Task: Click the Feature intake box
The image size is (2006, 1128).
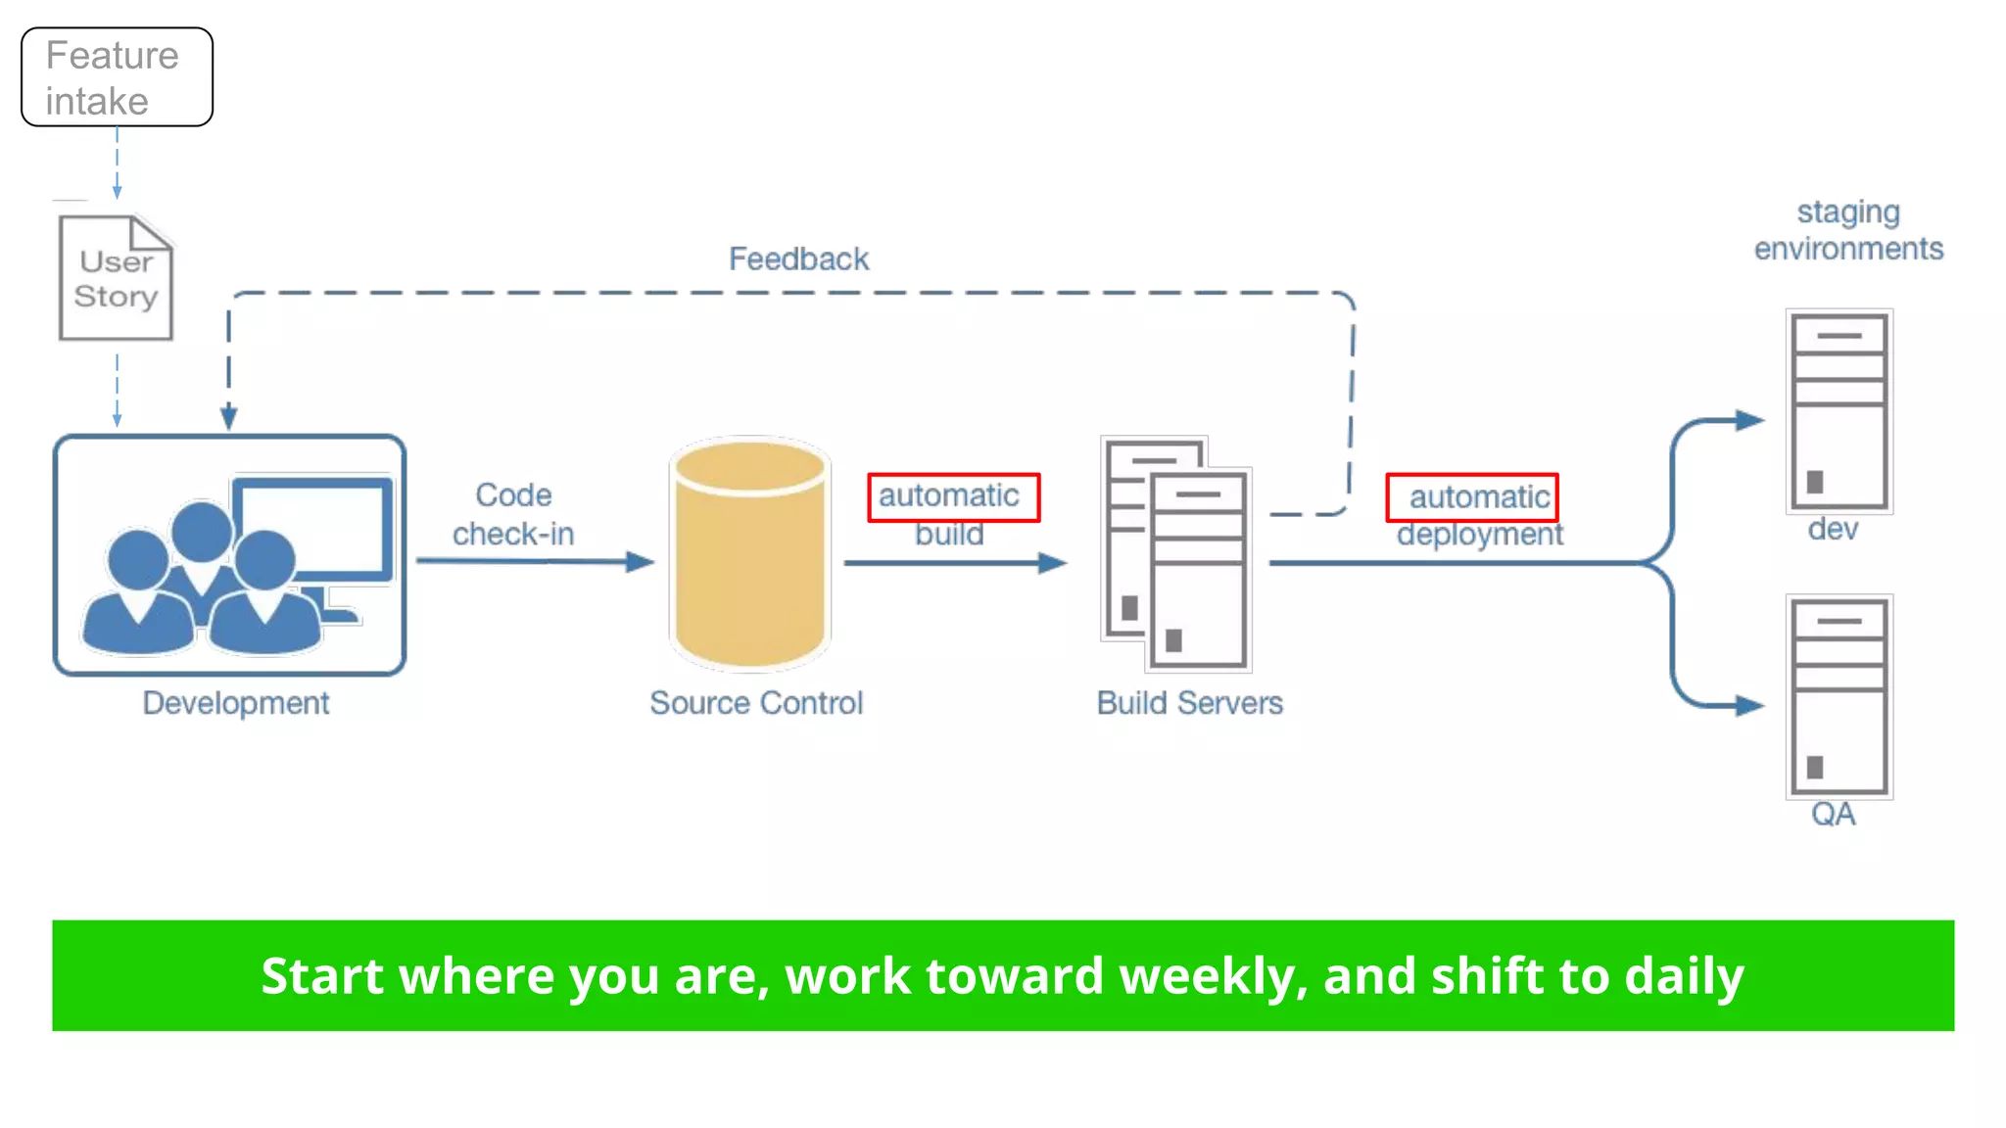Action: coord(117,77)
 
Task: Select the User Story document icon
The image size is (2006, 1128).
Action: coord(116,279)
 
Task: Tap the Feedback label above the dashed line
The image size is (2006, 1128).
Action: coord(798,259)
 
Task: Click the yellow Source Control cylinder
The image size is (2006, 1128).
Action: coord(750,554)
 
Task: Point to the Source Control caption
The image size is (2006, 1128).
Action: coord(756,703)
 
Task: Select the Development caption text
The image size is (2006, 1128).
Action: coord(235,703)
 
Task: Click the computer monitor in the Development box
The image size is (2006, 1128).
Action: coord(311,534)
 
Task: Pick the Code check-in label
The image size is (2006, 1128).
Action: coord(513,514)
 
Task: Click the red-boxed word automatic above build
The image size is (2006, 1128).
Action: coord(949,496)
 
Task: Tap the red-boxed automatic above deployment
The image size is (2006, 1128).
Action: coord(1478,497)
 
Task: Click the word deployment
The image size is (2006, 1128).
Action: coord(1479,535)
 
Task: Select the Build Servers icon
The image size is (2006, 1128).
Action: coord(1176,554)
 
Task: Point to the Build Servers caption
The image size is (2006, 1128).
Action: coord(1189,703)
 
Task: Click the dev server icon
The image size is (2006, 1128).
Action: coord(1839,411)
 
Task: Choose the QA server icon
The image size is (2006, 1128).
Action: coord(1839,696)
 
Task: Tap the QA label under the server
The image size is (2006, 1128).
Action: coord(1833,815)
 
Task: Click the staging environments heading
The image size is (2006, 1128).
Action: coord(1848,230)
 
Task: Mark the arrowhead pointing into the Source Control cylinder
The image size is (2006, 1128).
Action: coord(641,562)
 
